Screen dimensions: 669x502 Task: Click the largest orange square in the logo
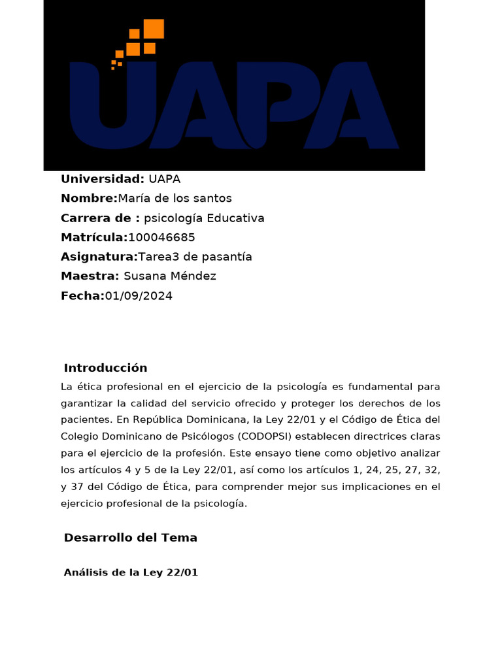[154, 29]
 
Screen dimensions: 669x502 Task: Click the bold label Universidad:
[103, 179]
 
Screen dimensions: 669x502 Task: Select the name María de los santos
[175, 199]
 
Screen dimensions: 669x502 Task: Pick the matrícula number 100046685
[161, 238]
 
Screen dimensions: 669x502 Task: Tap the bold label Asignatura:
[99, 257]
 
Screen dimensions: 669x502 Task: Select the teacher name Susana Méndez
[170, 276]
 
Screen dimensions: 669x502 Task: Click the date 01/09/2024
[139, 296]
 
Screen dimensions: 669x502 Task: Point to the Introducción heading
[106, 368]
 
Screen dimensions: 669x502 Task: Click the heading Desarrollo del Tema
[131, 538]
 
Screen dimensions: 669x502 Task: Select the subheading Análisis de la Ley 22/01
[131, 573]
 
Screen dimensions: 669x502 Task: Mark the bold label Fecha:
[82, 296]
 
